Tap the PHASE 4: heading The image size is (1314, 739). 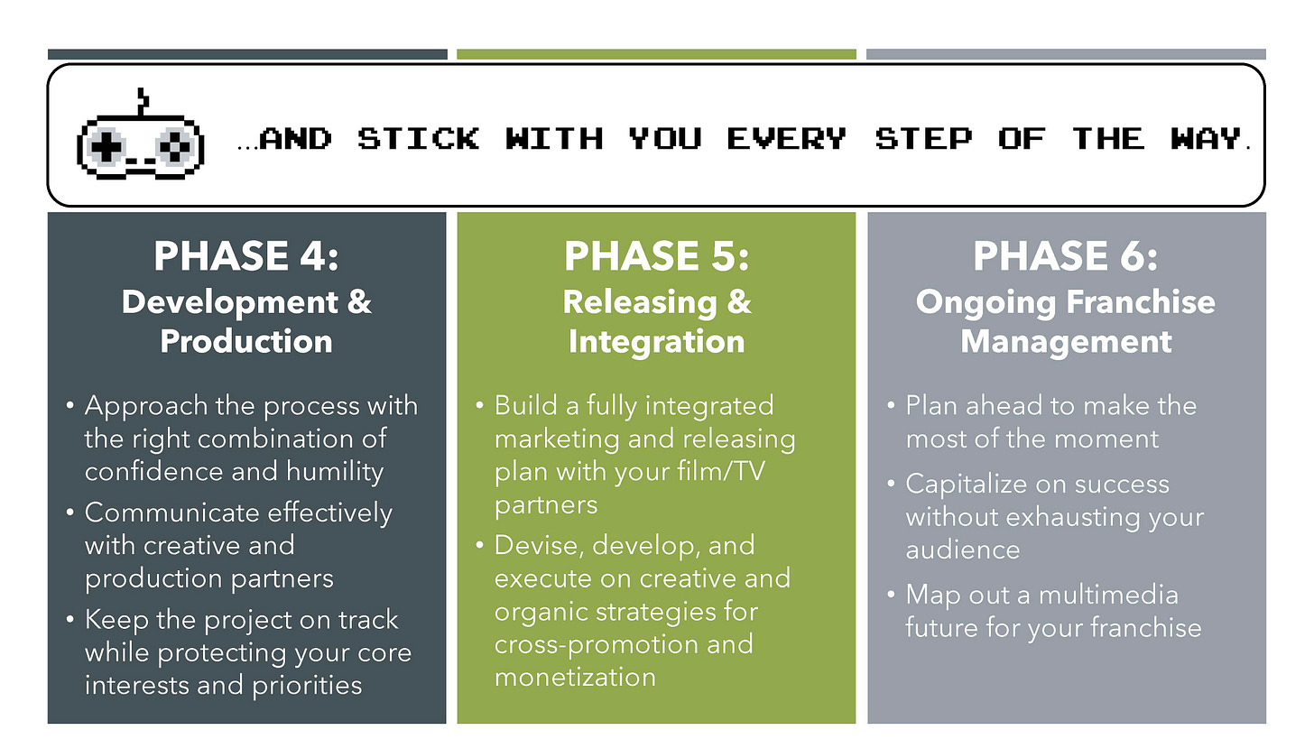[x=246, y=256]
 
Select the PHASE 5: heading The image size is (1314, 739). [x=656, y=256]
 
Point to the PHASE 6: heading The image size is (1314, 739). [x=1065, y=256]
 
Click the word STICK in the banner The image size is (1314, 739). [x=418, y=139]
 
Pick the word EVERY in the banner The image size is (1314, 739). [x=786, y=139]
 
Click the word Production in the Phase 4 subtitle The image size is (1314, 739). [x=246, y=341]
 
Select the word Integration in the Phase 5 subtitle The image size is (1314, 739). [x=656, y=341]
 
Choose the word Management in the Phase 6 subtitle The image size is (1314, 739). [x=1066, y=341]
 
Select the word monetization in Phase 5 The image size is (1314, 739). [x=575, y=678]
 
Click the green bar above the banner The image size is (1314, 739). [x=656, y=54]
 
